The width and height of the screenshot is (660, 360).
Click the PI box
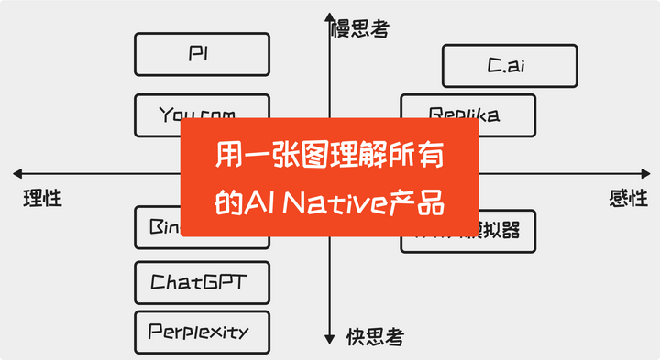(202, 54)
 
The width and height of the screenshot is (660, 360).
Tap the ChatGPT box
(202, 283)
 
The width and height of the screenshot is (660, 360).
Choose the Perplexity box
(202, 332)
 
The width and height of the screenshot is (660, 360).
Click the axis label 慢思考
(359, 29)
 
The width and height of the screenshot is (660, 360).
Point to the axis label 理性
(42, 197)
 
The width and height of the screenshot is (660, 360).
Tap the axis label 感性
(628, 197)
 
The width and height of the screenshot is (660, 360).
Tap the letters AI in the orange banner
(258, 202)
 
